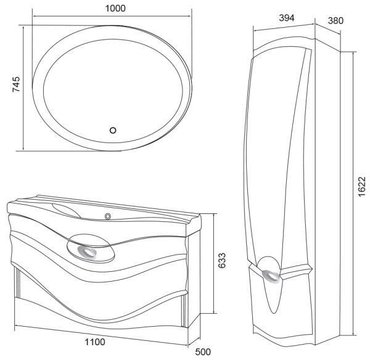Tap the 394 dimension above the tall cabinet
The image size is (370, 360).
[x=284, y=17]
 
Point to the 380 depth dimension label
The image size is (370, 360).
[x=335, y=20]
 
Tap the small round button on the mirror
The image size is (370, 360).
[x=112, y=130]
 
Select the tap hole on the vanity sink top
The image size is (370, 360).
[x=109, y=216]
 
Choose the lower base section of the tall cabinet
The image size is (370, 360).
[x=290, y=308]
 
